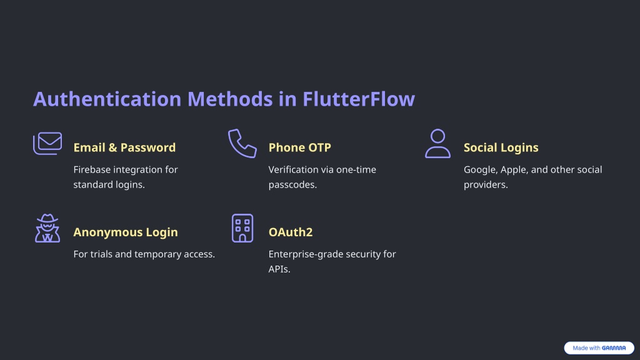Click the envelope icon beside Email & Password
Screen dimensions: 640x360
[x=47, y=143]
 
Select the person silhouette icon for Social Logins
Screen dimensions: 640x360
[x=437, y=143]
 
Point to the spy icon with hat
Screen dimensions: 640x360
[x=47, y=228]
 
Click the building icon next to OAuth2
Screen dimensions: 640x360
[x=242, y=228]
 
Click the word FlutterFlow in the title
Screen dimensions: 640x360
[x=359, y=99]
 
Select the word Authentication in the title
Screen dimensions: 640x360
[x=107, y=99]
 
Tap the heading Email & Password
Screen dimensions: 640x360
[x=124, y=147]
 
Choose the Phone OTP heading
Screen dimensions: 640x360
[x=299, y=147]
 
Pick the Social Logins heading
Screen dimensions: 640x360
[x=501, y=147]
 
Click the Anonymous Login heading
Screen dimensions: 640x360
[x=126, y=232]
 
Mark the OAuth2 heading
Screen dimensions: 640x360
[x=291, y=232]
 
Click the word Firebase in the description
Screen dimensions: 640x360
[x=91, y=169]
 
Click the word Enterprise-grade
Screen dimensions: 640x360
[x=300, y=254]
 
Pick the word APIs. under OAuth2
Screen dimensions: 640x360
[x=279, y=269]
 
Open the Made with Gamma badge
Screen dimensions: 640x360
[x=599, y=347]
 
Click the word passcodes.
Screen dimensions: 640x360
[x=292, y=185]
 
